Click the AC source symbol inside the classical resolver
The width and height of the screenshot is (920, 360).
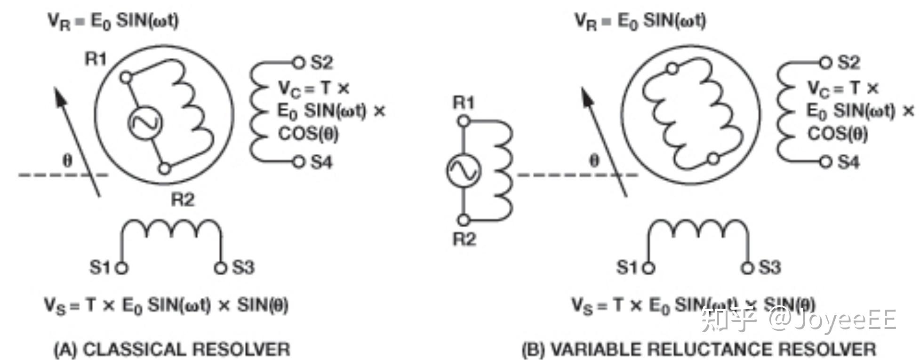point(145,122)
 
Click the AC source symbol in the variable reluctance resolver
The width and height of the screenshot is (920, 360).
point(464,170)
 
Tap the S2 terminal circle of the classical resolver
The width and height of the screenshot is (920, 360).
point(298,62)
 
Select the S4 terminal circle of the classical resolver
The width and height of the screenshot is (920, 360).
point(299,162)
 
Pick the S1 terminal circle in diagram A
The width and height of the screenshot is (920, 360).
point(122,268)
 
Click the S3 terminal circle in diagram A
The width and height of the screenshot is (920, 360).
point(220,268)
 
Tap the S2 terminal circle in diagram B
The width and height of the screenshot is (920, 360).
point(825,62)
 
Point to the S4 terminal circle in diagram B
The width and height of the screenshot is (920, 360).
point(825,162)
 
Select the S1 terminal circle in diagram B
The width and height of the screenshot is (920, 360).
point(649,268)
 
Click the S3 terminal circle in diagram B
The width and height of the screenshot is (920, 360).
point(747,268)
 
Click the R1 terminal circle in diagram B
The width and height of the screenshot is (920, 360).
point(464,121)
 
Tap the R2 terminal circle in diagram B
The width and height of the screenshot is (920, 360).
point(464,220)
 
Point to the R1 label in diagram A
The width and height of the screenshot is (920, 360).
point(96,59)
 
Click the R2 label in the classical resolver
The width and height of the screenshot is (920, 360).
point(182,200)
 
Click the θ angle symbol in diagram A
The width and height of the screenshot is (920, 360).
point(67,161)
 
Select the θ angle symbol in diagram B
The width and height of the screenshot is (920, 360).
point(594,161)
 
